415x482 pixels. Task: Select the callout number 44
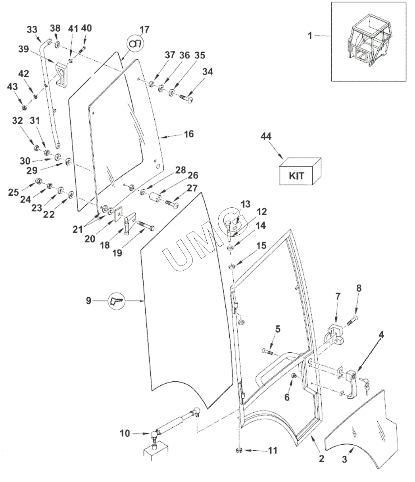[267, 137]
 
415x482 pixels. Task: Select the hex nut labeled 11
[240, 450]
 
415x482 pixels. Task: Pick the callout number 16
[189, 134]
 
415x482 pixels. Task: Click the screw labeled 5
[267, 351]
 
